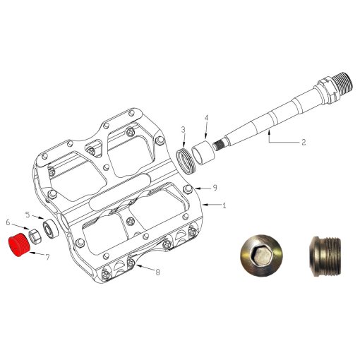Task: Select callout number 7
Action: pyautogui.click(x=47, y=258)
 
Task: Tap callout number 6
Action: pyautogui.click(x=8, y=222)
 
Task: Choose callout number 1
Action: pyautogui.click(x=224, y=205)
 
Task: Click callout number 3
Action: pyautogui.click(x=182, y=129)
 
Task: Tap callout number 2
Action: pyautogui.click(x=303, y=142)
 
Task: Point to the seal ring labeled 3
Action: pyautogui.click(x=187, y=159)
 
